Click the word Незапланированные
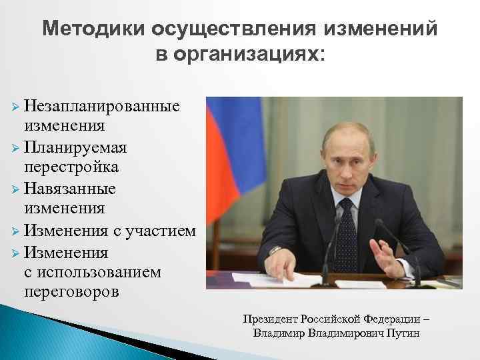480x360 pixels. click(102, 106)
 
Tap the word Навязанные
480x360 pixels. click(70, 189)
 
